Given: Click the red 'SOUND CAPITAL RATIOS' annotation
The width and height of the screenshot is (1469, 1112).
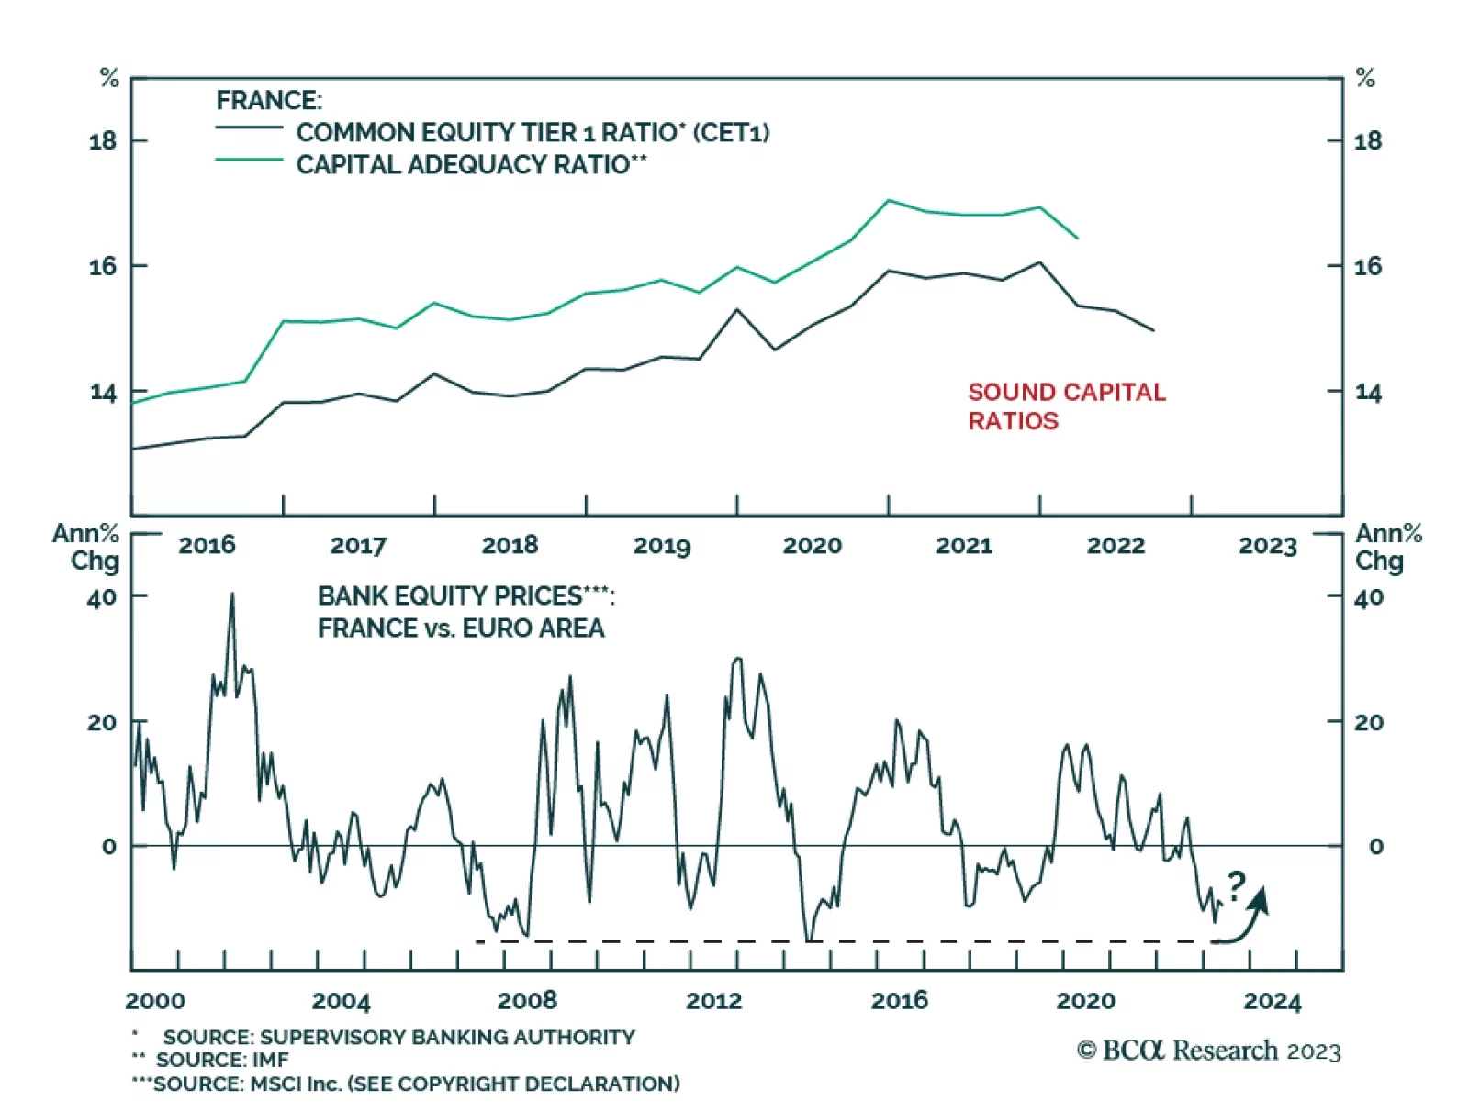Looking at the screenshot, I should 1066,406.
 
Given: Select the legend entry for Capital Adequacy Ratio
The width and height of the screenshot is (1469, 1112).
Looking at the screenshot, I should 471,164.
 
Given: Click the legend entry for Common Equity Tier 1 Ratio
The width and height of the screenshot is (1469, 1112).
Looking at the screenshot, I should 532,132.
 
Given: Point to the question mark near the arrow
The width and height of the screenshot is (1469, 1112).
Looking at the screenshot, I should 1236,885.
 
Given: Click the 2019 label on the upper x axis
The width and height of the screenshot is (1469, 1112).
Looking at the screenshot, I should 661,546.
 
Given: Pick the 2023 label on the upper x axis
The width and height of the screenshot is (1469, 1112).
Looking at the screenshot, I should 1267,546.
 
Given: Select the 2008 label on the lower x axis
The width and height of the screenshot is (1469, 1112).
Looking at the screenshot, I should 527,1000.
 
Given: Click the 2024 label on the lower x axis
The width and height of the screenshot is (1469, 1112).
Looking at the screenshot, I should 1272,1001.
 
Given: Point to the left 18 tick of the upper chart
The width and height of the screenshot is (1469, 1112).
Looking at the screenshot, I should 103,140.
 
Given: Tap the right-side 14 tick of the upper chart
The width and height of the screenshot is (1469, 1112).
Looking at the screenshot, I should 1368,393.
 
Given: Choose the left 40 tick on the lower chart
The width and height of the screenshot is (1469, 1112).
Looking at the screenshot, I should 102,597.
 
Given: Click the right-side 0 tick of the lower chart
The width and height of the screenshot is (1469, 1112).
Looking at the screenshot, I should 1375,847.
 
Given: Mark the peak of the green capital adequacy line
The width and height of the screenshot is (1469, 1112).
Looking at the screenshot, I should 888,200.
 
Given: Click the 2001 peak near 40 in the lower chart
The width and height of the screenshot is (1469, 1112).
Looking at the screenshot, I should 232,594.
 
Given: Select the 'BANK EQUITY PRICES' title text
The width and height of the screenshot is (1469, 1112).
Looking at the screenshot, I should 465,596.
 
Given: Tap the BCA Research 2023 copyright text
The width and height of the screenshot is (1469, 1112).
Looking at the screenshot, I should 1208,1051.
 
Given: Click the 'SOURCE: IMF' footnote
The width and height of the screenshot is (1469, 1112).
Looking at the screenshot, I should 221,1060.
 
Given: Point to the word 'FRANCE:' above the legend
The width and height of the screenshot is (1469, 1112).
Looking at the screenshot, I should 269,100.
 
